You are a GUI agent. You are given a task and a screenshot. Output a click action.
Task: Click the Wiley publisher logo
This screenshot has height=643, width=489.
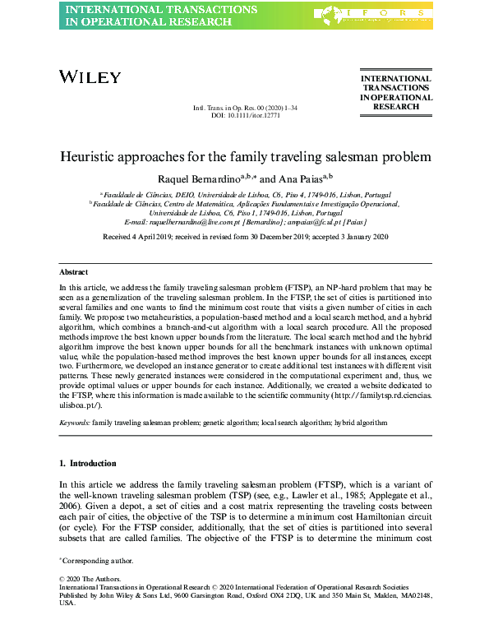[x=90, y=77]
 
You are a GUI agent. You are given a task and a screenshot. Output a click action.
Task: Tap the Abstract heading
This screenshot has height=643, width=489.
[x=74, y=271]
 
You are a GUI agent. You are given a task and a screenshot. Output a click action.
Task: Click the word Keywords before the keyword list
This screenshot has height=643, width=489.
[x=74, y=421]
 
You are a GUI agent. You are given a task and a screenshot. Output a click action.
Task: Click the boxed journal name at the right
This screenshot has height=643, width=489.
[x=396, y=93]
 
